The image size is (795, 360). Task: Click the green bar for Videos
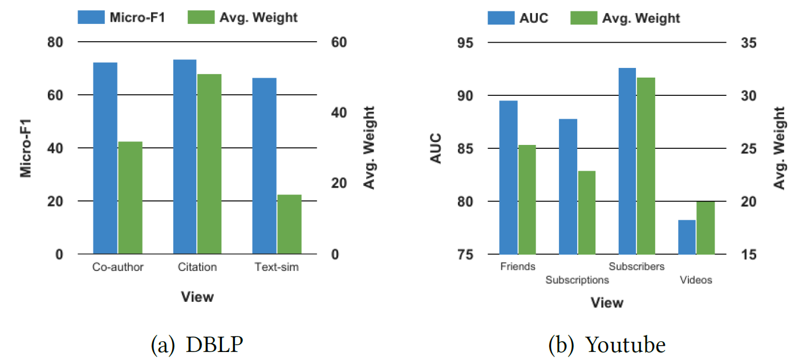[x=705, y=228]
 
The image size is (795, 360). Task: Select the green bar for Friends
[x=527, y=199]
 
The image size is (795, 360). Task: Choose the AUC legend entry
[x=518, y=18]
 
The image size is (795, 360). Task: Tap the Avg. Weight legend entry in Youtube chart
[x=625, y=18]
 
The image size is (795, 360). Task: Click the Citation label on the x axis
[x=197, y=267]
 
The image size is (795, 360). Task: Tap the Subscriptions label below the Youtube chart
[x=577, y=280]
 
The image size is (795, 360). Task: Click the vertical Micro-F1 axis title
[x=26, y=148]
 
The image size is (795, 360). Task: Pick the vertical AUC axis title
[x=436, y=149]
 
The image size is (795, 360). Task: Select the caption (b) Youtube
[x=607, y=345]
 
